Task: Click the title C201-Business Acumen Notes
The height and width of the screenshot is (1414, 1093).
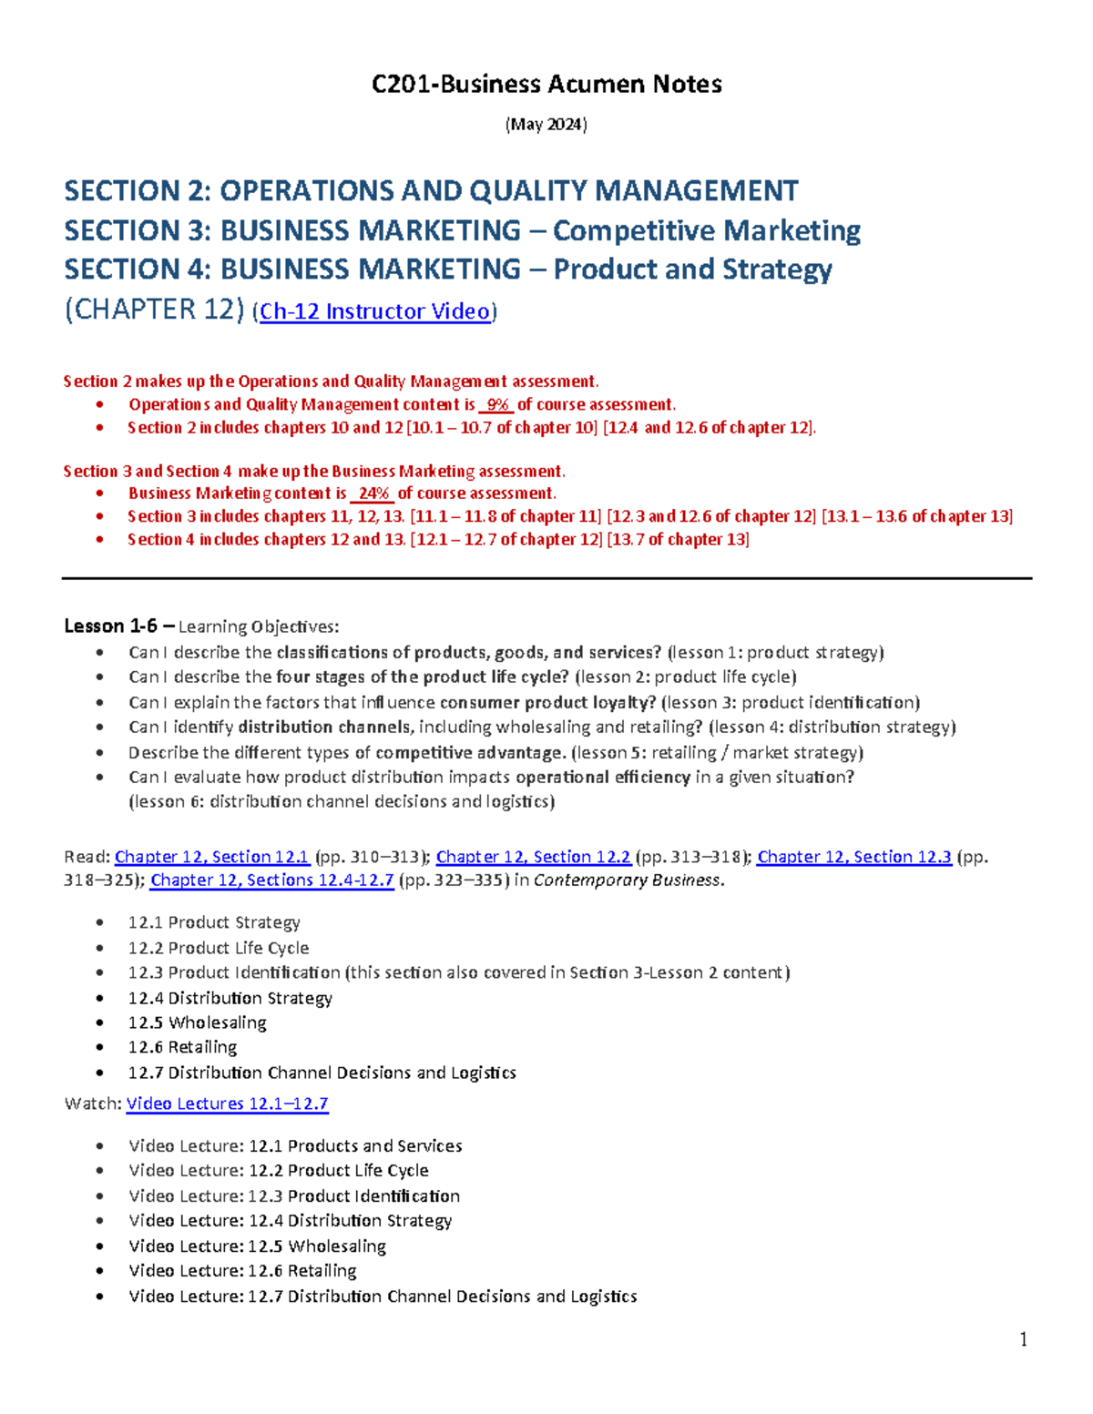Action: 546,85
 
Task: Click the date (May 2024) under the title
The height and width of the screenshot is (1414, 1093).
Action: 546,125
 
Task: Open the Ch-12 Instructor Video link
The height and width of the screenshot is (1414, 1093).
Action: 375,311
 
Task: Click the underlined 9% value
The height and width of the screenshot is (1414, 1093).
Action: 497,404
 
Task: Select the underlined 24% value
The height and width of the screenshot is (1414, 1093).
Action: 373,493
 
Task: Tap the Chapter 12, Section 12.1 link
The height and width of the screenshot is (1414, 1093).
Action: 212,857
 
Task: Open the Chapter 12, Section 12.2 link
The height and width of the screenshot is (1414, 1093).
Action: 533,857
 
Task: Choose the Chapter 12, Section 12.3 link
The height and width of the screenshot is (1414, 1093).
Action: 853,857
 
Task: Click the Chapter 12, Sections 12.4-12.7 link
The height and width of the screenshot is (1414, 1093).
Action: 271,880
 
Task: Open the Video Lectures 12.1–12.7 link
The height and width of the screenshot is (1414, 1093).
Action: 227,1104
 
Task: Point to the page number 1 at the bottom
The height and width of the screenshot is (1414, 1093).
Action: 1024,1338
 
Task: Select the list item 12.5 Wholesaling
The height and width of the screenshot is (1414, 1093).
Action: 197,1022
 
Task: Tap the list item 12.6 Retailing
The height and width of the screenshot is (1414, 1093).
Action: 182,1047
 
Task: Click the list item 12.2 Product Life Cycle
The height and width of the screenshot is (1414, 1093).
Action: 218,948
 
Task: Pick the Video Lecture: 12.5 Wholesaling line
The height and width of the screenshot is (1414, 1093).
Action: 257,1246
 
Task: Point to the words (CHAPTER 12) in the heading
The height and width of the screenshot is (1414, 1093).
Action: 154,310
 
